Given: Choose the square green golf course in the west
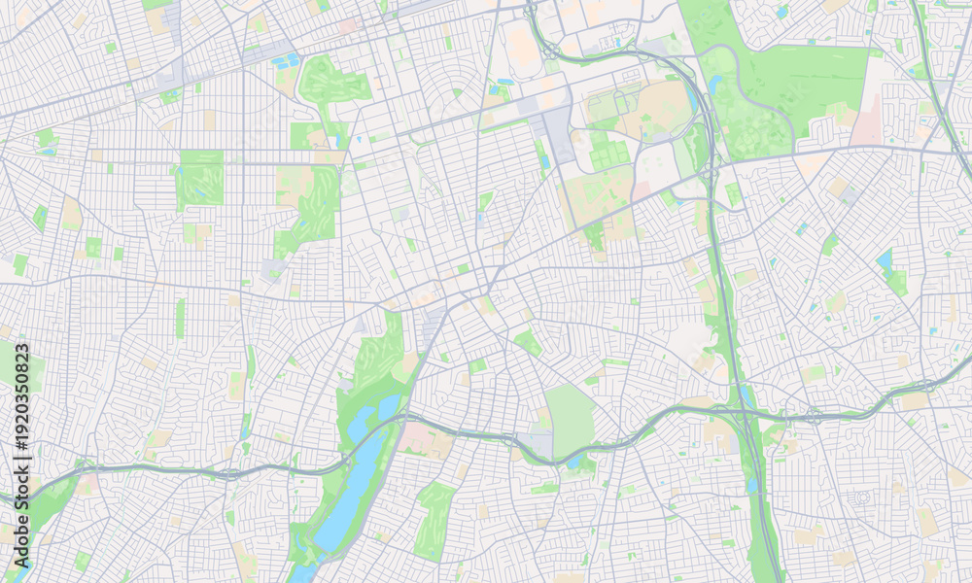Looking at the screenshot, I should click(201, 180).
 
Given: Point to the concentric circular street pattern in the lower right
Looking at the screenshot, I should click(861, 498).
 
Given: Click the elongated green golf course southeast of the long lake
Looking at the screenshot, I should click(433, 520).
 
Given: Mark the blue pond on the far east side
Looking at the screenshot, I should click(885, 259).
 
